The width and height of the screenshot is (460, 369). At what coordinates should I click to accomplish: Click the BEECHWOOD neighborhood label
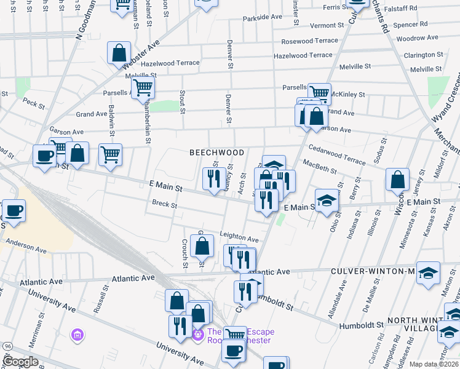pos(216,152)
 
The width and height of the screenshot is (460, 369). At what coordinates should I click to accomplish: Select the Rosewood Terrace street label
pos(309,41)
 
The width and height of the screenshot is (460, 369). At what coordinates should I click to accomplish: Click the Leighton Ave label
pos(239,238)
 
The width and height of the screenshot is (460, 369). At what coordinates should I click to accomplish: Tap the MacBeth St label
pos(319,166)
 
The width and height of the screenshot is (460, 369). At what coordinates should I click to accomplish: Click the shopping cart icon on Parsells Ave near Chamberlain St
pos(143,88)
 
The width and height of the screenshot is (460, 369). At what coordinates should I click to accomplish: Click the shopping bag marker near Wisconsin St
pos(397,180)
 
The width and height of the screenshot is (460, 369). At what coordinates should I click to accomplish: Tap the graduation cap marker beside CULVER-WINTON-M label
pos(428,273)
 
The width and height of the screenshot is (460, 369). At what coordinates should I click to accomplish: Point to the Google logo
pos(21,362)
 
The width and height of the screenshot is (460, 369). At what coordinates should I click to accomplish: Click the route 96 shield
pos(7,346)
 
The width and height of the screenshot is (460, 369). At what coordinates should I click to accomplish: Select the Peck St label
pos(34,103)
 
